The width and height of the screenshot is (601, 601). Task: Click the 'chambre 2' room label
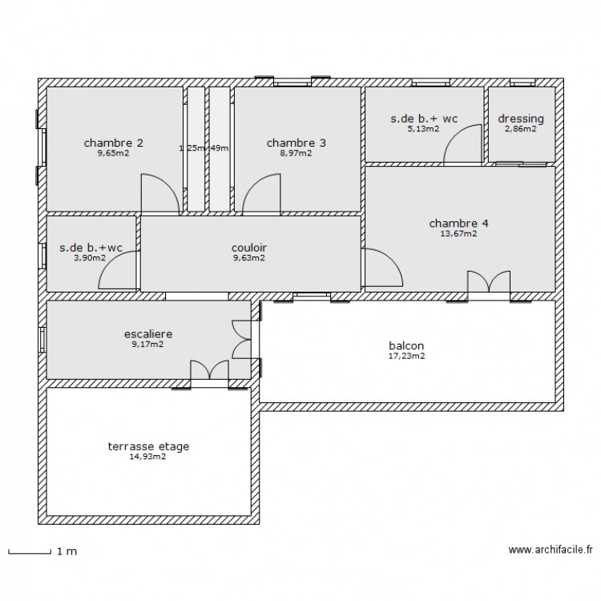pyautogui.click(x=114, y=143)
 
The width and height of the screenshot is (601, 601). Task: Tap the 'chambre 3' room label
pyautogui.click(x=296, y=143)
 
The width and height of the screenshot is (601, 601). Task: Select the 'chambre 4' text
pyautogui.click(x=458, y=223)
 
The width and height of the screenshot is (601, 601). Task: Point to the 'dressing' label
pyautogui.click(x=520, y=119)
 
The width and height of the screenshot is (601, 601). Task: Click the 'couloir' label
pyautogui.click(x=248, y=248)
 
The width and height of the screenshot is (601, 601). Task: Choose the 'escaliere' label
pyautogui.click(x=148, y=333)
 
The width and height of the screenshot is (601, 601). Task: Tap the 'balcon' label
pyautogui.click(x=407, y=345)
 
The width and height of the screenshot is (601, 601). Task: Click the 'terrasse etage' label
pyautogui.click(x=148, y=446)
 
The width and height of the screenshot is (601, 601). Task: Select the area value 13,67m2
pyautogui.click(x=458, y=234)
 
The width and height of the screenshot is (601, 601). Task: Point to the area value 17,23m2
pyautogui.click(x=407, y=356)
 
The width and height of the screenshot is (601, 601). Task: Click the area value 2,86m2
pyautogui.click(x=520, y=129)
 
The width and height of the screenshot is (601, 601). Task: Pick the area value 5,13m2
pyautogui.click(x=423, y=129)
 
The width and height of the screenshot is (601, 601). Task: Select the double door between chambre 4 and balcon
pyautogui.click(x=489, y=283)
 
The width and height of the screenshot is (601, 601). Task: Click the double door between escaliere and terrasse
pyautogui.click(x=210, y=370)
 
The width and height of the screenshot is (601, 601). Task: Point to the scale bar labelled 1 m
pyautogui.click(x=32, y=551)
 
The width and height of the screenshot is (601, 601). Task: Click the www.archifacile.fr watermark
pyautogui.click(x=551, y=551)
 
